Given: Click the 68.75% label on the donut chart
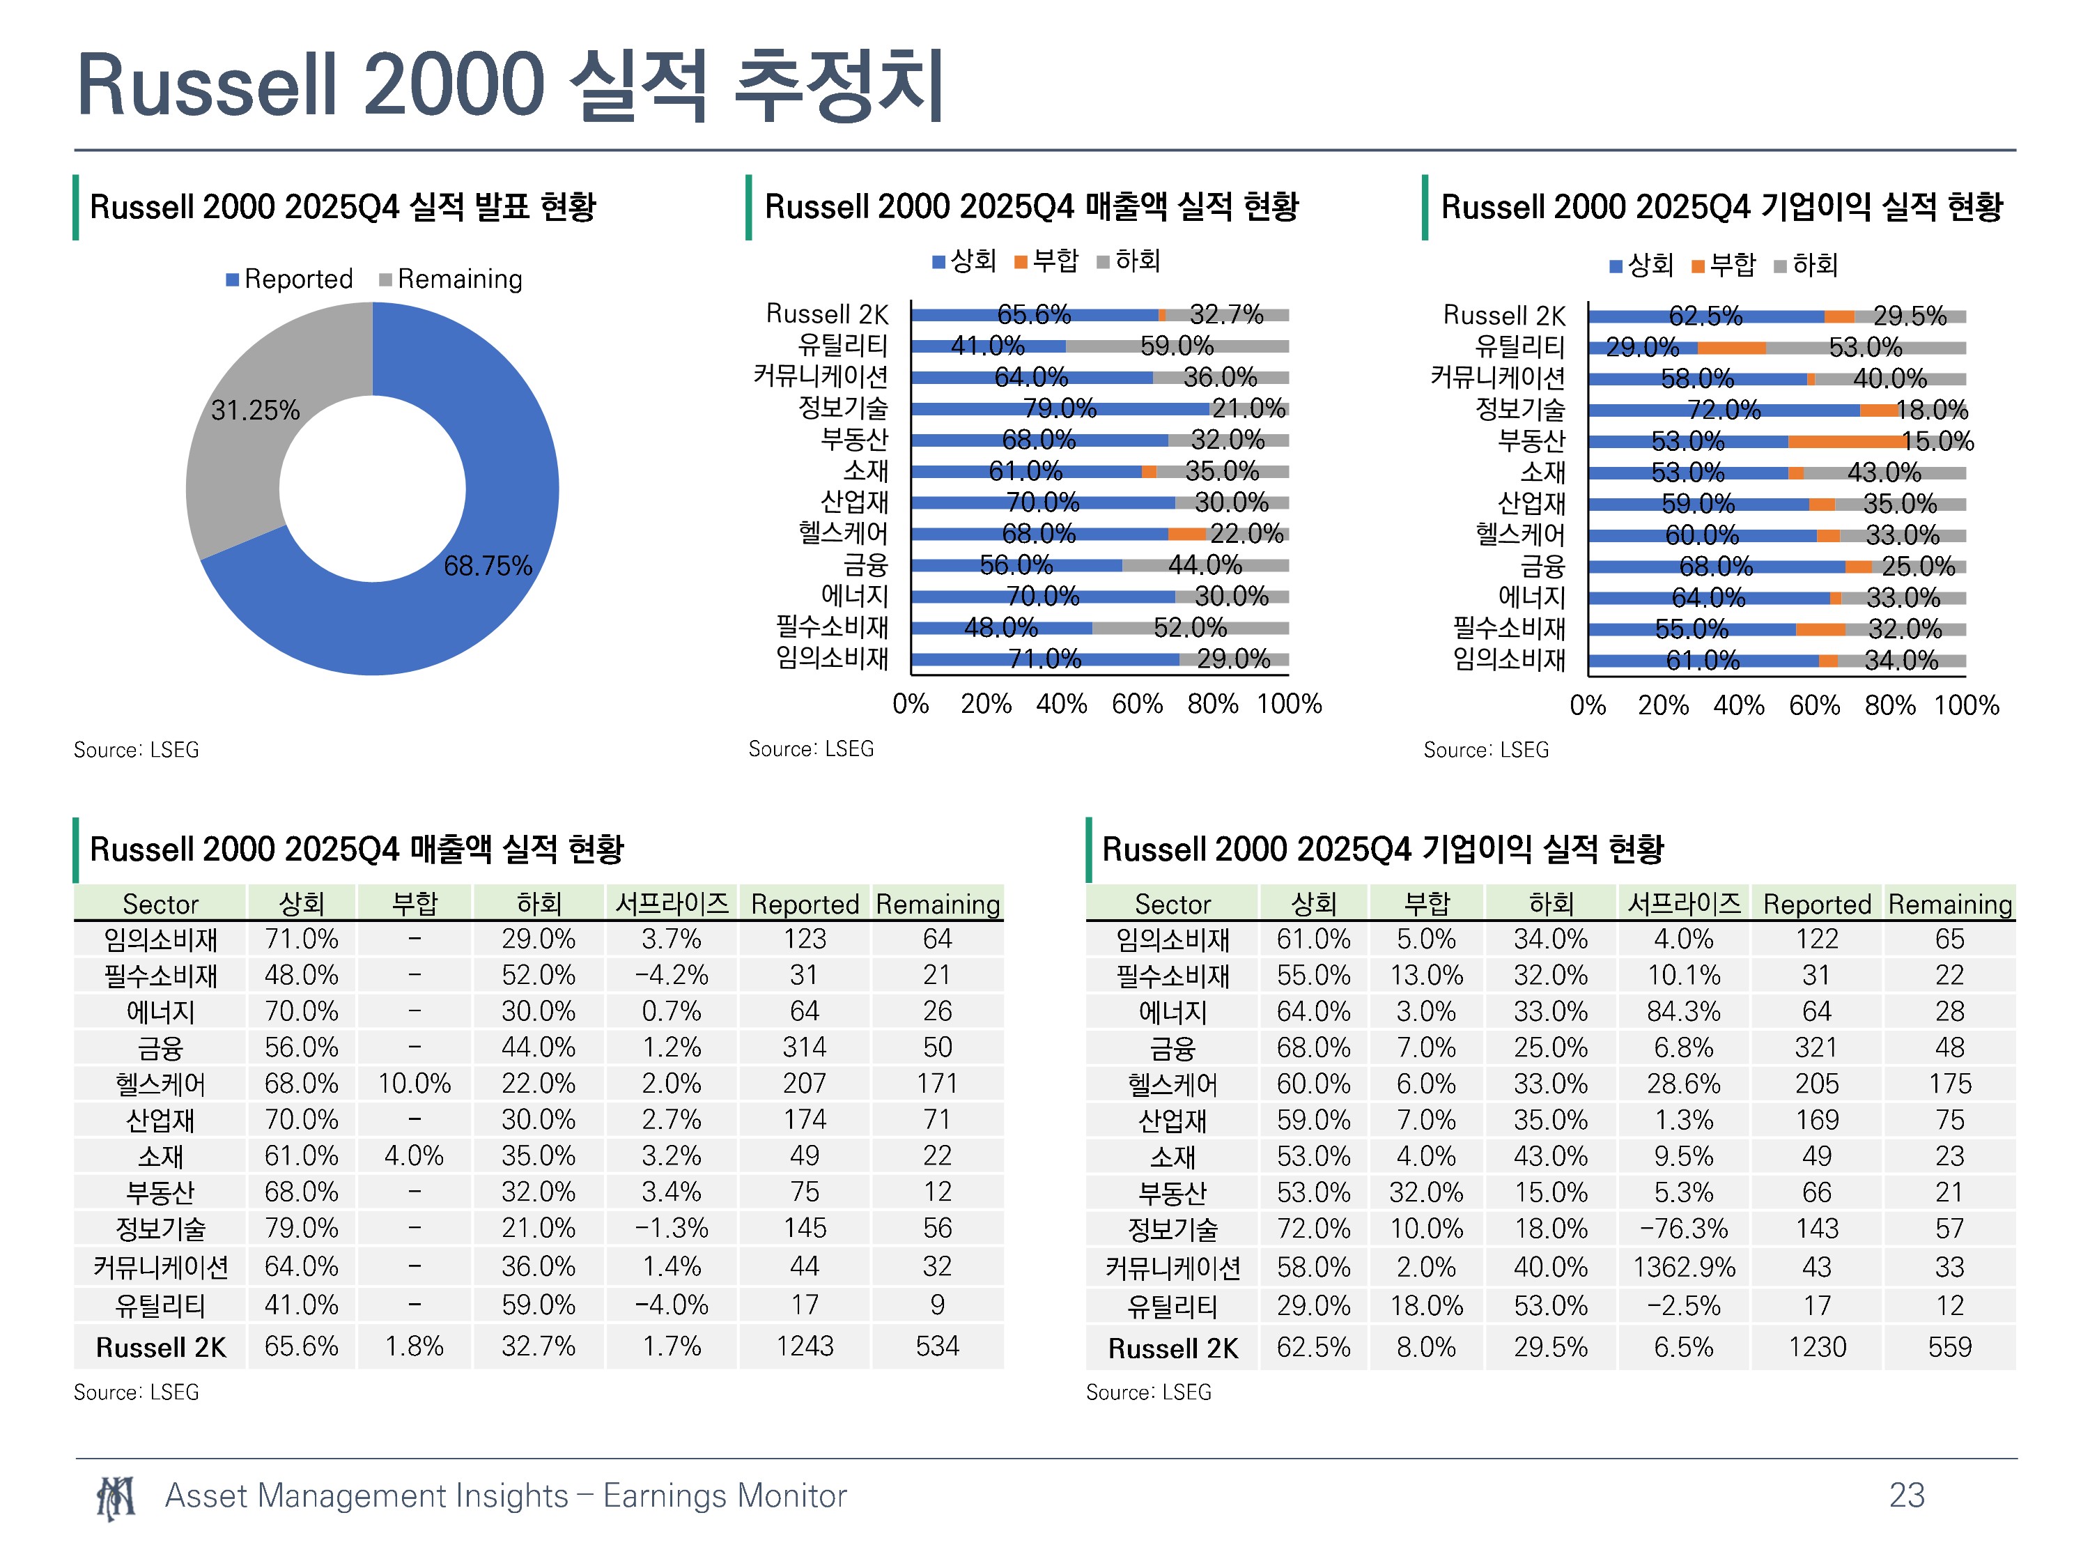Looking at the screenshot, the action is click(488, 566).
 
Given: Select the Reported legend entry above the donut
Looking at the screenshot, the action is click(289, 279).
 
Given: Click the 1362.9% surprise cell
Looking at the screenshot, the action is click(1684, 1268).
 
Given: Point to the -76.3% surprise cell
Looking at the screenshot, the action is click(1684, 1229).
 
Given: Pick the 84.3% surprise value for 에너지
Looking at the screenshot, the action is click(1684, 1011).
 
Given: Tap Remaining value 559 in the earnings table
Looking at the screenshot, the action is click(1949, 1347).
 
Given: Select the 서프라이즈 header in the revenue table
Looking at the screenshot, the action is click(672, 904).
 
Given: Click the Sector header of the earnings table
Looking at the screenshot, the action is click(1172, 905).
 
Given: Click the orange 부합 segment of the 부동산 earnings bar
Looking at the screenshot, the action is click(1846, 441).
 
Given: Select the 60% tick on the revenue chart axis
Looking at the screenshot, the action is click(1137, 704).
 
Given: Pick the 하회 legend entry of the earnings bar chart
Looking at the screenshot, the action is click(1806, 266).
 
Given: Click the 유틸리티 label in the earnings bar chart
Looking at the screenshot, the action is click(1519, 347).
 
